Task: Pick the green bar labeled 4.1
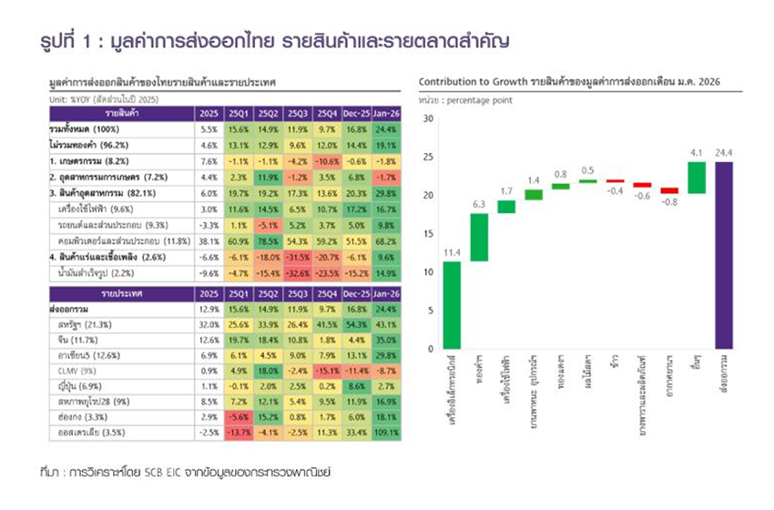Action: click(x=697, y=178)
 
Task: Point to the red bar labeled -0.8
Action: click(x=669, y=190)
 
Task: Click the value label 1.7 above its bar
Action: click(x=507, y=192)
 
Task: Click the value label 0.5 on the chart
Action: click(x=587, y=170)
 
